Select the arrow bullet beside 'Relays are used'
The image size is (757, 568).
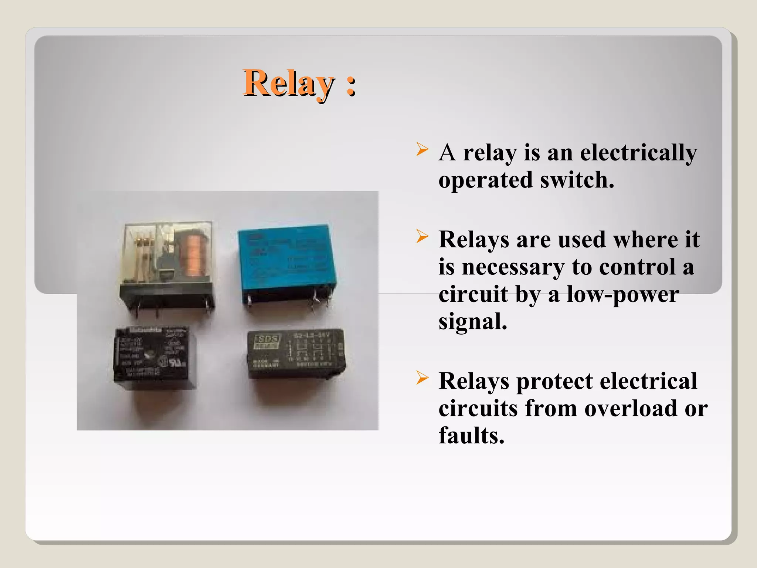point(422,236)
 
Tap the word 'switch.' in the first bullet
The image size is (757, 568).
point(577,180)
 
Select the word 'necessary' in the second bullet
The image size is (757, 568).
point(513,267)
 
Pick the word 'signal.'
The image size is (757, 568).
point(473,322)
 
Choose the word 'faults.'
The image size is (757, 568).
point(471,436)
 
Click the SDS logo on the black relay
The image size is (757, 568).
point(267,340)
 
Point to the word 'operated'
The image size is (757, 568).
point(485,180)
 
